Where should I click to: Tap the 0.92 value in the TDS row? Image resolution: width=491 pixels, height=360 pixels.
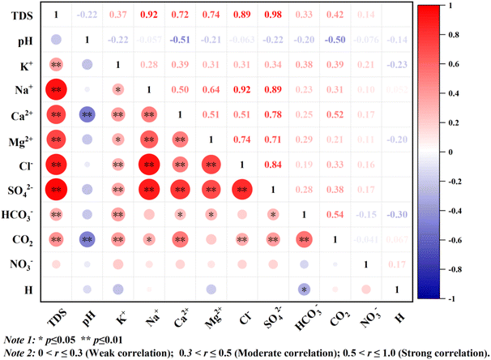coord(148,15)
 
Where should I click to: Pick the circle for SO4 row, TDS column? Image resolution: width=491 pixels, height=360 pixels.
coord(57,191)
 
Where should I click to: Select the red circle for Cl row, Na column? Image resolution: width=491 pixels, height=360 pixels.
coord(149,165)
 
